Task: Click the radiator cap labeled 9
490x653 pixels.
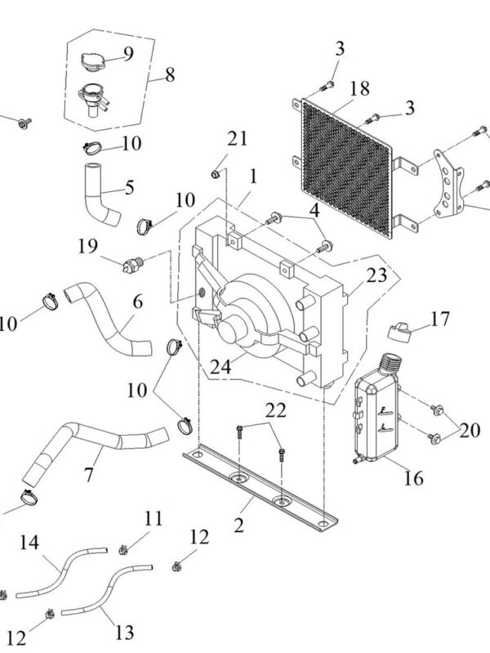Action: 91,61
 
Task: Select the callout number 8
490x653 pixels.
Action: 170,75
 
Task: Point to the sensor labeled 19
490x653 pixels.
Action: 133,265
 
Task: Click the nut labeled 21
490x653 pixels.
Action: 216,174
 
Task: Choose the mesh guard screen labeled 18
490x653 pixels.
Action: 346,168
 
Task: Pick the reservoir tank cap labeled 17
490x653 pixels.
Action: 399,332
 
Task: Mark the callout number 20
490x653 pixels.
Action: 470,430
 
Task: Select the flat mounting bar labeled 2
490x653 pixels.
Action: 261,488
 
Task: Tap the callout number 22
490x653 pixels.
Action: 276,410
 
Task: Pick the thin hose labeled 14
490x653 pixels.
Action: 61,573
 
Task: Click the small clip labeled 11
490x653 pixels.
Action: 122,551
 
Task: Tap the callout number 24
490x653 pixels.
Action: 220,367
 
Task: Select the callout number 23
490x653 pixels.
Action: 376,275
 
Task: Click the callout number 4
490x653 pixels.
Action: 314,211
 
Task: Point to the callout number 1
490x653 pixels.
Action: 253,177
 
